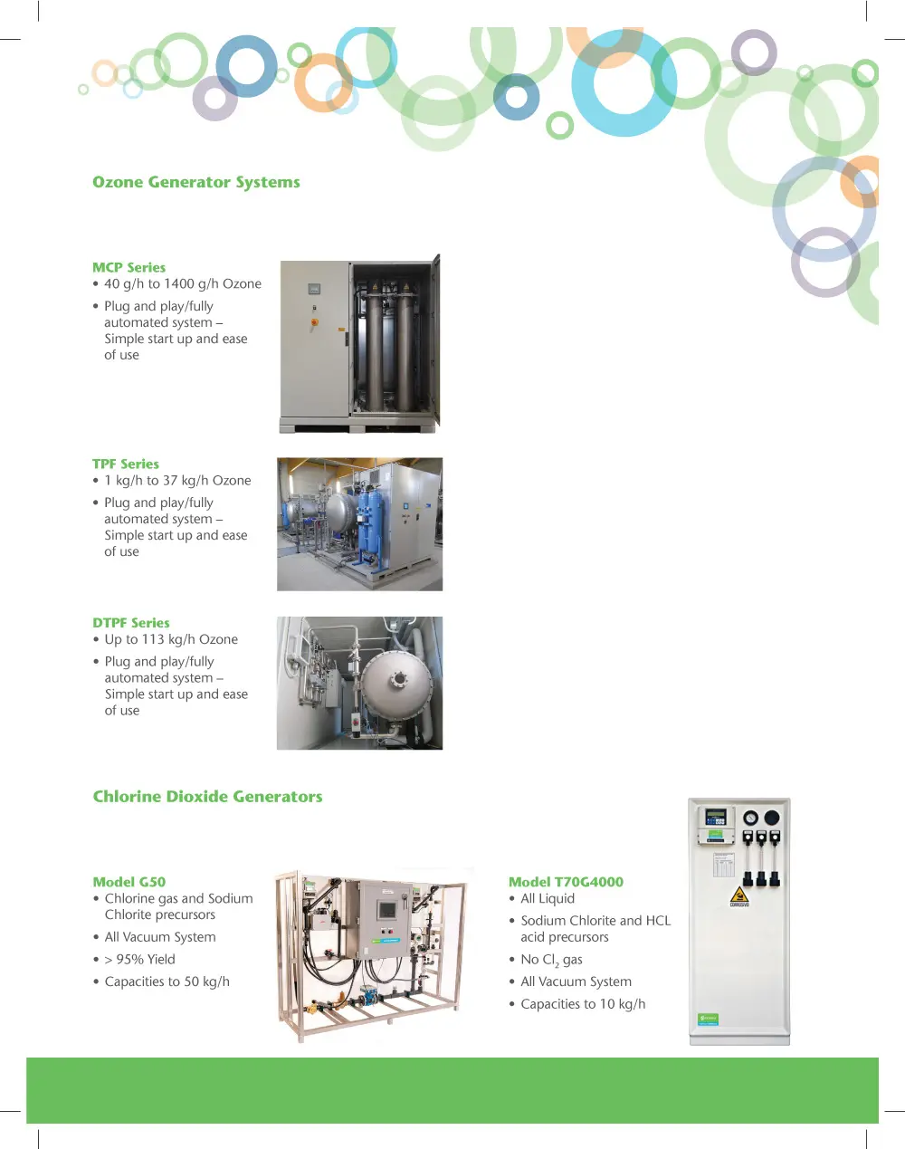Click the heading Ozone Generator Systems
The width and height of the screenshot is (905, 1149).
[x=195, y=182]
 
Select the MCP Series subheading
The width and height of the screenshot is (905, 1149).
[x=129, y=267]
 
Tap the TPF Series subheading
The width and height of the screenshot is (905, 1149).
[x=125, y=464]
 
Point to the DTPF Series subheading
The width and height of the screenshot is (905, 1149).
[x=130, y=623]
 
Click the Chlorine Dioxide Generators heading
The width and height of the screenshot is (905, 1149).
[x=207, y=797]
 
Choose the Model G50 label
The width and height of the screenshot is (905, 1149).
[x=129, y=882]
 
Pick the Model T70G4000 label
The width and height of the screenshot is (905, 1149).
[x=566, y=882]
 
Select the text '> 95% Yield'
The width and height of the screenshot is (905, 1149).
[x=139, y=960]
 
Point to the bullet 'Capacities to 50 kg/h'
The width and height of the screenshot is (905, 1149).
[x=167, y=981]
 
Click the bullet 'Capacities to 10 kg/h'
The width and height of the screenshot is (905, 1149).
[x=583, y=1004]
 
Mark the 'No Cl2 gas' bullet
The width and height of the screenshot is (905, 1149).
[x=551, y=960]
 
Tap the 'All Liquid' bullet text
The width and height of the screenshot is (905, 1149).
[x=548, y=898]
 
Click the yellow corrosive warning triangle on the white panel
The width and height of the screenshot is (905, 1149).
[x=739, y=895]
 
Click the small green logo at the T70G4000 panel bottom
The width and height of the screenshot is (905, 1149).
[x=708, y=1019]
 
